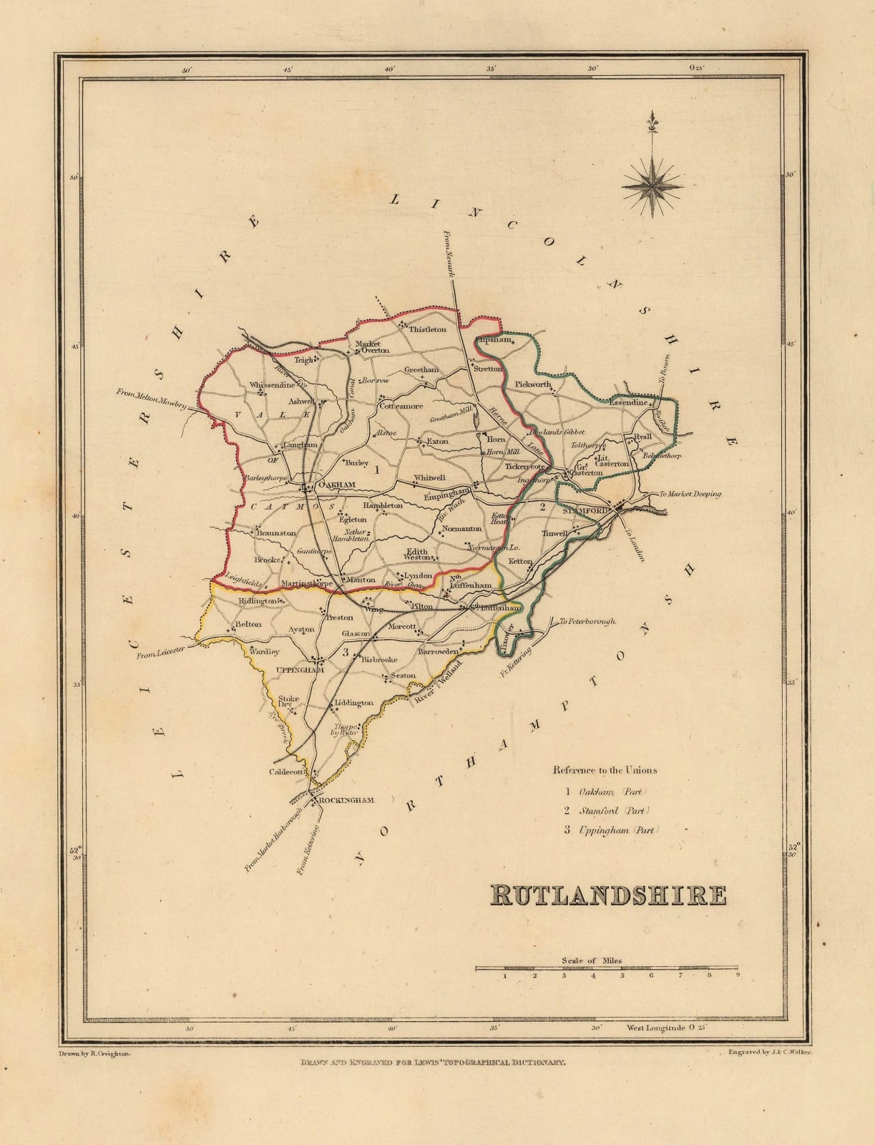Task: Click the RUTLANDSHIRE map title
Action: point(608,895)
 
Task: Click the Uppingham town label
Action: point(300,670)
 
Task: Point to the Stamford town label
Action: point(585,511)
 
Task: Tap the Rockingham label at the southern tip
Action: point(346,800)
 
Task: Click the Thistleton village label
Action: point(427,329)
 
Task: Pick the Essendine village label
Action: point(628,402)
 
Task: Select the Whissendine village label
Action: point(272,385)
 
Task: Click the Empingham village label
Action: point(446,495)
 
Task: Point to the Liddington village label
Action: point(354,703)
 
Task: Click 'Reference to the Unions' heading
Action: point(604,771)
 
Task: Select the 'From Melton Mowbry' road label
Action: point(151,398)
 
